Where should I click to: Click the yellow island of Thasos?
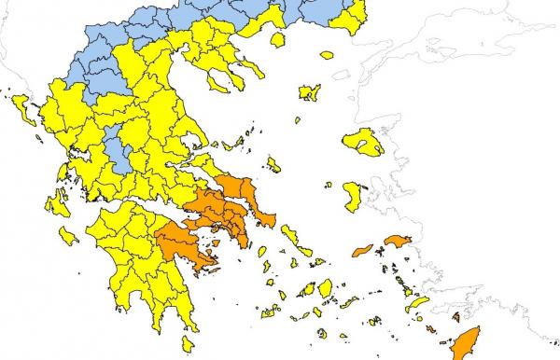277,40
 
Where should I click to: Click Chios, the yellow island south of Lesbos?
354,195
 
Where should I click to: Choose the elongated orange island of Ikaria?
361,249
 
